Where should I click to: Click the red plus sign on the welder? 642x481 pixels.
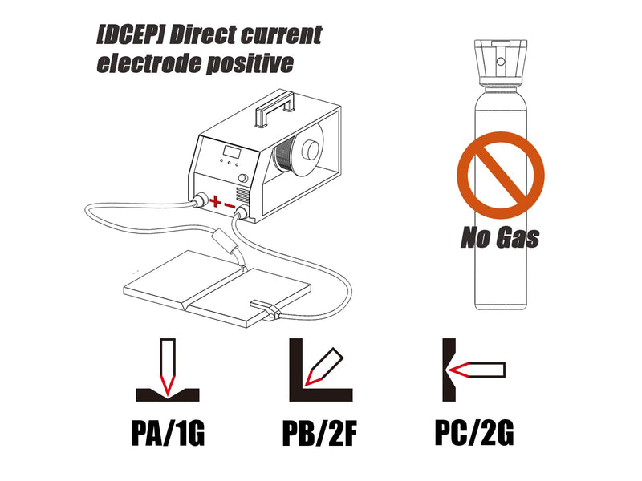(215, 201)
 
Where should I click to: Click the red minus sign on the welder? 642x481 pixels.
(230, 205)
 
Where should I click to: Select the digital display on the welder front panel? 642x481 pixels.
(231, 152)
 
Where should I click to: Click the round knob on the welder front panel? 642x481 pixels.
(243, 178)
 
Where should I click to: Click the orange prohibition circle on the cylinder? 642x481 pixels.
(500, 175)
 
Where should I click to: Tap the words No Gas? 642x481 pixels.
(500, 237)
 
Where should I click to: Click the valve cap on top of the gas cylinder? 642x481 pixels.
(500, 63)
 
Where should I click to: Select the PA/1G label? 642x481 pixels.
(168, 433)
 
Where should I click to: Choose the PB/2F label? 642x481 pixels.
(319, 433)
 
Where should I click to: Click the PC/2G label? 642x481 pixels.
(474, 433)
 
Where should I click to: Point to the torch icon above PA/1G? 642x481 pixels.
(168, 366)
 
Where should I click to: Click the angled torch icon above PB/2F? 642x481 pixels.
(324, 366)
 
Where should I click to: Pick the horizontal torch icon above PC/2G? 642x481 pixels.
(477, 370)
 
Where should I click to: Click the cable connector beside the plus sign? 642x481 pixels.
(200, 201)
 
